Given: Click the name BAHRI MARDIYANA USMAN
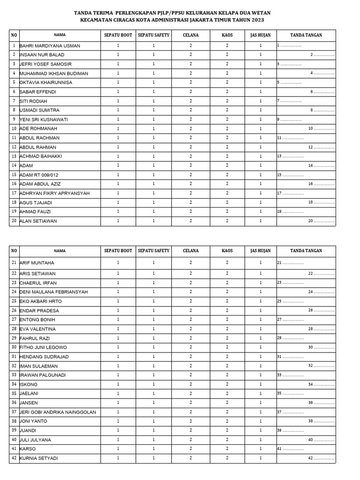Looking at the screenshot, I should pos(50,46).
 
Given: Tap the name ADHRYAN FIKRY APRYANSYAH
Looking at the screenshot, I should pos(54,193).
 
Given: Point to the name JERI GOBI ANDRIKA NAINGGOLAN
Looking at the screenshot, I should pos(58,412).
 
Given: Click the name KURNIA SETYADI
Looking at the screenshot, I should pos(39,458).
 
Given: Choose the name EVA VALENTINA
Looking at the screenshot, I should pos(37,329).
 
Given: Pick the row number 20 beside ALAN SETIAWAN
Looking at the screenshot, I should pos(14,221).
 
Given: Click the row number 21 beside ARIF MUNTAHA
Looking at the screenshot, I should pos(14,263).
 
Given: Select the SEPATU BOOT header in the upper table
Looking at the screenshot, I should pos(118,35).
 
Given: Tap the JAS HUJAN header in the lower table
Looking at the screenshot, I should pos(261,251).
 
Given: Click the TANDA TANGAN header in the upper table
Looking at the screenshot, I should pos(306,35).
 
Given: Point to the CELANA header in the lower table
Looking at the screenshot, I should pos(191,251).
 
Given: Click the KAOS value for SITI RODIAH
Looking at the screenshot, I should pos(227,101).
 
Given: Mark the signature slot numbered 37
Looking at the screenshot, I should pos(290,412).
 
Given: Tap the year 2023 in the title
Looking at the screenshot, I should pos(257,20).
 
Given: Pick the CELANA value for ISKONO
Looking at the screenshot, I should pos(191,384).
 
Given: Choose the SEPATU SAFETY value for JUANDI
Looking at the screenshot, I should pos(153,430).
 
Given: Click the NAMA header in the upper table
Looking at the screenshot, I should pos(60,35).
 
